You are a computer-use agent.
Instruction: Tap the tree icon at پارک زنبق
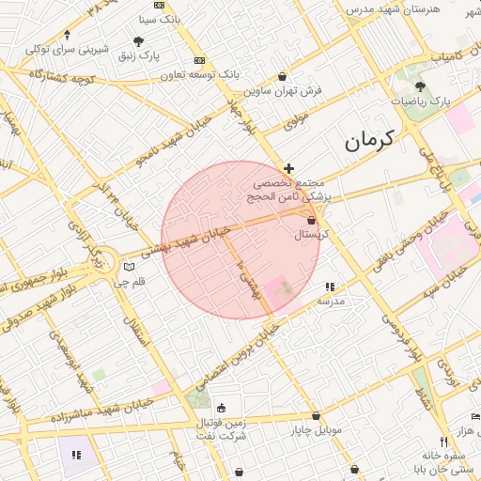tap(140, 41)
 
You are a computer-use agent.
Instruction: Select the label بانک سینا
tap(159, 18)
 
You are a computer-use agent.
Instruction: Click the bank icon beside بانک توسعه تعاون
tap(199, 59)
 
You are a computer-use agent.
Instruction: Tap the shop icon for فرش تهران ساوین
tap(283, 77)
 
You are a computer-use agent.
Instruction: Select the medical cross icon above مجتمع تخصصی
tap(288, 168)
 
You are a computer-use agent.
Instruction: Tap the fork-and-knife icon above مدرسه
tap(330, 287)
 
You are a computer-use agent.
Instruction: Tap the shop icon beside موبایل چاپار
tap(316, 415)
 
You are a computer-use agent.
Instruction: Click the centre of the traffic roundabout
tap(101, 260)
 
